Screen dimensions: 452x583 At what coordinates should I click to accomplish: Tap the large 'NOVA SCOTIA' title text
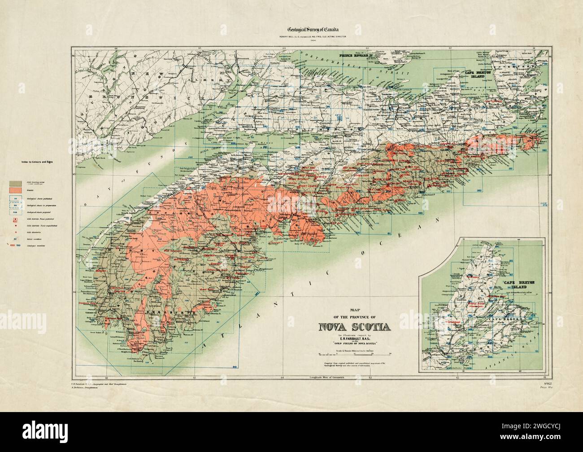tap(354, 326)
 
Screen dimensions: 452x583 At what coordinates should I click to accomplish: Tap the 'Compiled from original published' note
tap(354, 363)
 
